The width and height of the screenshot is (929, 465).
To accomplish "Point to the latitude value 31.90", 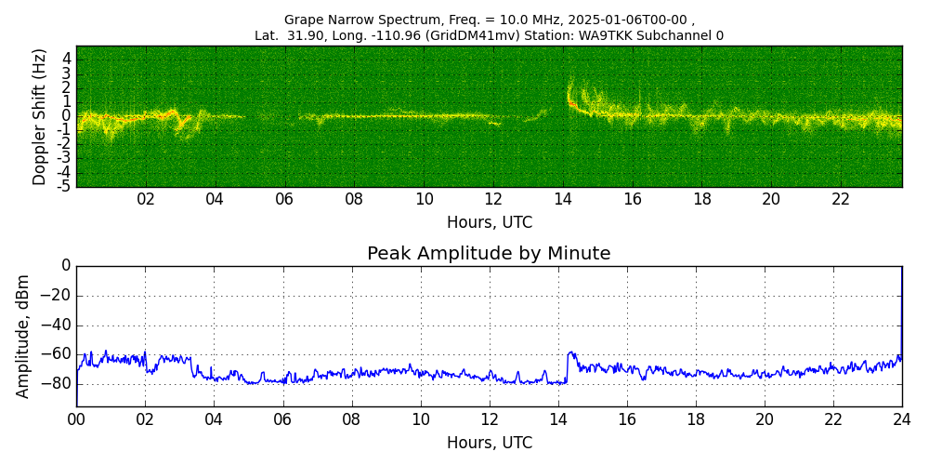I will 301,36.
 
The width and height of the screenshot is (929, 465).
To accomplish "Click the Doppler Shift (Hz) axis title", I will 40,116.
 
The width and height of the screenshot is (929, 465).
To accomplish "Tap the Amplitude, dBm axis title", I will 23,336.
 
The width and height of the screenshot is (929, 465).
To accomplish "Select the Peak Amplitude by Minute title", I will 489,254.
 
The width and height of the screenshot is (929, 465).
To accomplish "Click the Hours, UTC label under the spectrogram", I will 489,223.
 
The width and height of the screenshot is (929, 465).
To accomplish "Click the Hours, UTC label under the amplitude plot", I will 489,443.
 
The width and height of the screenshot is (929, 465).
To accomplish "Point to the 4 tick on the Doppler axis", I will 66,59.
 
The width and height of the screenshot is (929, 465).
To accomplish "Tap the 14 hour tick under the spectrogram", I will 563,200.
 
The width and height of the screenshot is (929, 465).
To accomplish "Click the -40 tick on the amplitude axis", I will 57,325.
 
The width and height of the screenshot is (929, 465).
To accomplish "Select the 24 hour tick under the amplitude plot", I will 902,419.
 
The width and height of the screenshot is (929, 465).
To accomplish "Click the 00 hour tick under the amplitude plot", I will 76,419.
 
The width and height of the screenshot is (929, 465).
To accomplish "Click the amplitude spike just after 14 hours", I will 570,353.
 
